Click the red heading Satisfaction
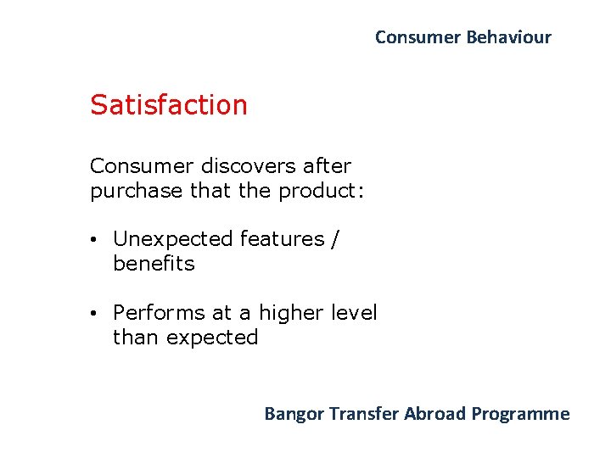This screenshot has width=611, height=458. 169,105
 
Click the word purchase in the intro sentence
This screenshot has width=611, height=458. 137,191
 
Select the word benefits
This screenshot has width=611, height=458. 154,264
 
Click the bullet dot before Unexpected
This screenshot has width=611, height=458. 98,240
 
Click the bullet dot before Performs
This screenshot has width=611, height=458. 98,314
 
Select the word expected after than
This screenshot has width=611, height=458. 212,338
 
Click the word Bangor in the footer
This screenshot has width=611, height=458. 294,414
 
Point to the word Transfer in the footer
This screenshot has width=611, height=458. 364,414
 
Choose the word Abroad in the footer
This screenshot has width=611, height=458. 434,414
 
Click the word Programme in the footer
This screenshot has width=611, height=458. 521,414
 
